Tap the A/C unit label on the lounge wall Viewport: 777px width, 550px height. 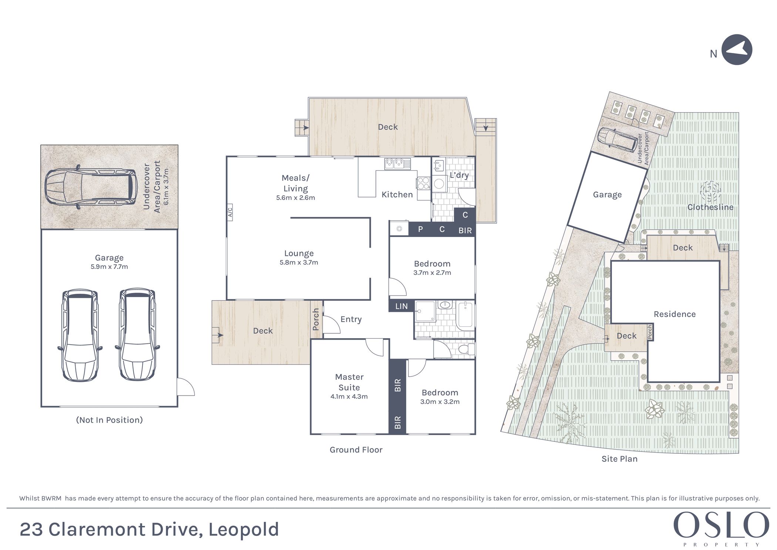(x=230, y=212)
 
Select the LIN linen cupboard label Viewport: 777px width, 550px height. (x=401, y=306)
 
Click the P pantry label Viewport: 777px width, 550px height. (x=420, y=229)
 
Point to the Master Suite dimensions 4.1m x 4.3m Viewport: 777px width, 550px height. (x=349, y=396)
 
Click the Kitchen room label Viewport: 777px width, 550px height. (x=397, y=194)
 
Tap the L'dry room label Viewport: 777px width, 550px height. (x=459, y=175)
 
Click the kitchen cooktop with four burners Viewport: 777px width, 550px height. (x=423, y=183)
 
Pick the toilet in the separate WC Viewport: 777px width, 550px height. (x=466, y=349)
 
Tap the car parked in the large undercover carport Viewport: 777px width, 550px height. (x=90, y=187)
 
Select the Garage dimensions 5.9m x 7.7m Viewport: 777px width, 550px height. (x=109, y=267)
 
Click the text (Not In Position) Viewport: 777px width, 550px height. (x=109, y=420)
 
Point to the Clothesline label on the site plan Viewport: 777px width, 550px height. (x=710, y=207)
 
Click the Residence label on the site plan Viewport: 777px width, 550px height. (x=675, y=314)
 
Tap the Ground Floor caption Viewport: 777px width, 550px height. (x=356, y=450)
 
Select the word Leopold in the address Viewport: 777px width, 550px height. (x=243, y=530)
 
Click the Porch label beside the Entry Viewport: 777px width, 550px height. (x=316, y=319)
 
